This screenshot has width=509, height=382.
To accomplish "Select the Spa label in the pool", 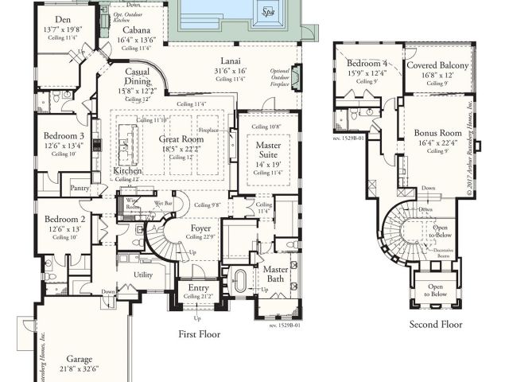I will coord(268,13).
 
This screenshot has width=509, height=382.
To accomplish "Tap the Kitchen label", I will coord(127,171).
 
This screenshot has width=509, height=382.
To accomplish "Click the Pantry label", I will coord(80,189).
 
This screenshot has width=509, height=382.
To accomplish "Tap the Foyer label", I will coord(201,228).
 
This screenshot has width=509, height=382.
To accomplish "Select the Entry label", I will coord(198,288).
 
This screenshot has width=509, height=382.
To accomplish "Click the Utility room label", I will coord(143,275).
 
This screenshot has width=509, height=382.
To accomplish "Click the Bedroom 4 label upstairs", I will coord(366,62).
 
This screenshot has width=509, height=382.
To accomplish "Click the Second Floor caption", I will coord(435,325).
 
